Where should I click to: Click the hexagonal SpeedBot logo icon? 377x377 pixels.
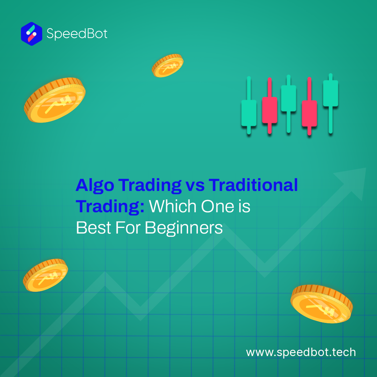[31, 34]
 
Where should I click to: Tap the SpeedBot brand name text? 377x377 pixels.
[77, 34]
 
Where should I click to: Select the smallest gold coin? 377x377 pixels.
[167, 65]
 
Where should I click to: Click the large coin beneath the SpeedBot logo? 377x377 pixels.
[54, 100]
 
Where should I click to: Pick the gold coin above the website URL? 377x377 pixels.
[321, 304]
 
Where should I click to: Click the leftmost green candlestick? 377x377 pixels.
[249, 105]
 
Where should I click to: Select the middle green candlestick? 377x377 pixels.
[289, 104]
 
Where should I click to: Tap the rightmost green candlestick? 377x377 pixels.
[331, 103]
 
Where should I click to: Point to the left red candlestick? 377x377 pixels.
[269, 105]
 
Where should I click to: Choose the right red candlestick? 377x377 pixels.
[309, 106]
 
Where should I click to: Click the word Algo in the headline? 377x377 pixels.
[95, 186]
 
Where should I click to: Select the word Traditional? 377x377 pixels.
[253, 185]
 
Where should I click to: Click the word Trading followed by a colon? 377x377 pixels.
[110, 207]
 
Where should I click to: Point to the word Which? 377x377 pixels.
[173, 206]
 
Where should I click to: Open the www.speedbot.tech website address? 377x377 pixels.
[301, 352]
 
